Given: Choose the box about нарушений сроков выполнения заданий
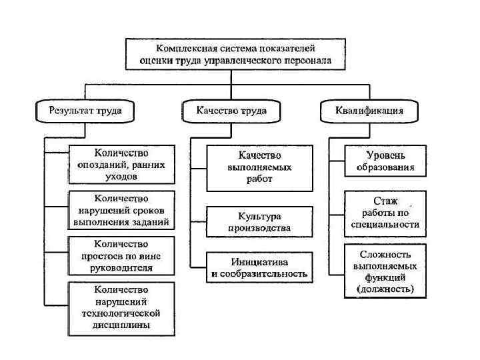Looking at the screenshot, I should click(x=121, y=210).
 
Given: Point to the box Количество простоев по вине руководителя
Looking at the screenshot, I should click(x=121, y=256).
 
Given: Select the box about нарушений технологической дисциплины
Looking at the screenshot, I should click(x=121, y=307).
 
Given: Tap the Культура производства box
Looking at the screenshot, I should click(x=259, y=222).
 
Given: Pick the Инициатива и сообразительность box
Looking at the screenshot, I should click(x=259, y=267).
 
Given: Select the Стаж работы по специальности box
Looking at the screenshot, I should click(x=385, y=213).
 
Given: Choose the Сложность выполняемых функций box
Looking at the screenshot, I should click(x=385, y=272).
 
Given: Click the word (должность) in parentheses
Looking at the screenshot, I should click(x=385, y=289).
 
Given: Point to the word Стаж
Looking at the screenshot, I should click(x=385, y=201).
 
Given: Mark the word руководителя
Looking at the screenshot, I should click(x=121, y=268).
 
